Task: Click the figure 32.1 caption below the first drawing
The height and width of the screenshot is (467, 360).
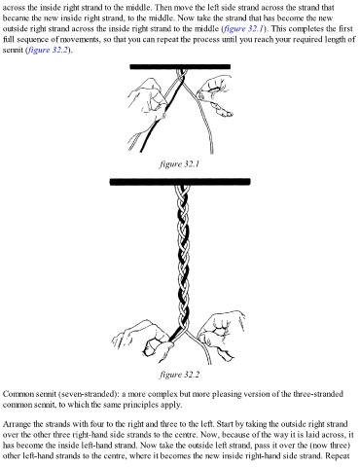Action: pyautogui.click(x=179, y=164)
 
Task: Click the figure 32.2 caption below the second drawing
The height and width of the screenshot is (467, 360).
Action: pyautogui.click(x=179, y=375)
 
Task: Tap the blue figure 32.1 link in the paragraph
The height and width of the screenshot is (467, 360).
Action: pyautogui.click(x=243, y=29)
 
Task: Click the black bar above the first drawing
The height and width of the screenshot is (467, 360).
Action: pyautogui.click(x=180, y=67)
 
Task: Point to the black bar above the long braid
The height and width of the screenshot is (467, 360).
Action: pyautogui.click(x=180, y=182)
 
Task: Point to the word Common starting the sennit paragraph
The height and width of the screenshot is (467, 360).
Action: pyautogui.click(x=18, y=394)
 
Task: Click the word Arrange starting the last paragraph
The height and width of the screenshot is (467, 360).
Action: pyautogui.click(x=17, y=424)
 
